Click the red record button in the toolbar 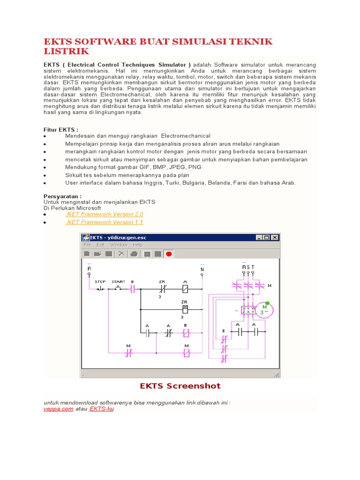(x=169, y=254)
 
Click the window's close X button (x=275, y=238)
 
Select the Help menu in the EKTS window (x=137, y=245)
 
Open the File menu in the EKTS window (x=88, y=245)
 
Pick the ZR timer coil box (x=185, y=309)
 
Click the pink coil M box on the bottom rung (x=186, y=352)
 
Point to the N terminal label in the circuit (x=202, y=270)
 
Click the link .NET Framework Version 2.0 (x=104, y=214)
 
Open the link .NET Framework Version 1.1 (x=104, y=222)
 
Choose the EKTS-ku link (x=101, y=409)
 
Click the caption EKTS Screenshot (x=180, y=386)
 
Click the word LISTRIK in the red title (x=66, y=51)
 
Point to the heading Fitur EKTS (x=61, y=129)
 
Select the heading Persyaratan (x=63, y=196)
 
